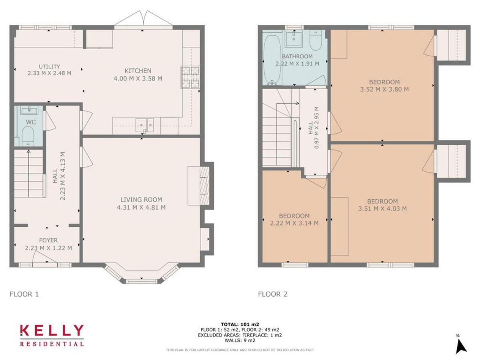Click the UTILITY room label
tap(50, 66)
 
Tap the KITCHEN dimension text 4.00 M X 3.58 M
tap(138, 78)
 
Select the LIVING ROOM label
tap(142, 200)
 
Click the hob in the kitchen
tap(191, 77)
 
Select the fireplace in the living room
tap(204, 185)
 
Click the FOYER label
tap(48, 240)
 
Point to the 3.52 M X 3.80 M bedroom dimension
tap(384, 89)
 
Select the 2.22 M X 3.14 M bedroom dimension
tap(294, 223)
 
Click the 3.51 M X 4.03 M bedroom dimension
tap(383, 208)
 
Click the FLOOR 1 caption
tap(24, 294)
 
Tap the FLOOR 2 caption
tap(272, 294)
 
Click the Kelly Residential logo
tap(52, 335)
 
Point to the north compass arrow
tap(461, 346)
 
